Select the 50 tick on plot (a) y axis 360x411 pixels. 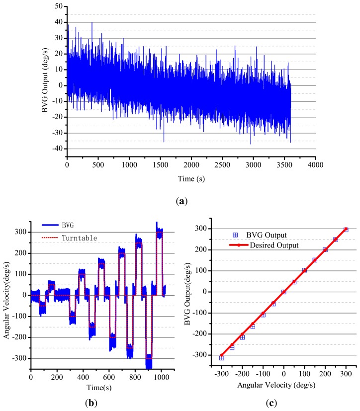(x=58, y=6)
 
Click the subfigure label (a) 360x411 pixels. (x=190, y=202)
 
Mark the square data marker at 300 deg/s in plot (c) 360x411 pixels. (x=346, y=230)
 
